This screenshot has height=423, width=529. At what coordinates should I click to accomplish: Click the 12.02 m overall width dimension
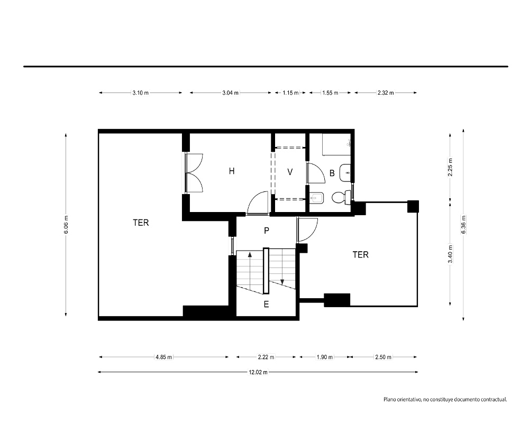(258, 372)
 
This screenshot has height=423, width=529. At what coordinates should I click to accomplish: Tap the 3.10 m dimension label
(140, 93)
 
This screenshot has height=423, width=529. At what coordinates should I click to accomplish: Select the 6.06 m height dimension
(66, 225)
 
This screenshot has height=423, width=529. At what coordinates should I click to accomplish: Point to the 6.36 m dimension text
(463, 224)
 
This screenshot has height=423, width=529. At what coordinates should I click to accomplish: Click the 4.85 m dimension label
(163, 357)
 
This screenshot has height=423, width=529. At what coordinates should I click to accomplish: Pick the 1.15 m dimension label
(290, 93)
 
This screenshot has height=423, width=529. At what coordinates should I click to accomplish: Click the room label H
(232, 171)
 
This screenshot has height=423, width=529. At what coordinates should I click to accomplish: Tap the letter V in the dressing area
(290, 172)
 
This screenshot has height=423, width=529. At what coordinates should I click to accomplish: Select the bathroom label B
(332, 173)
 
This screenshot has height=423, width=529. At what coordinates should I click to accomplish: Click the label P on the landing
(267, 231)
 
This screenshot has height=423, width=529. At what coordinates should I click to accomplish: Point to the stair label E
(266, 305)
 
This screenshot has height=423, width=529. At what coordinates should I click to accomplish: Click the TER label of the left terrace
(141, 223)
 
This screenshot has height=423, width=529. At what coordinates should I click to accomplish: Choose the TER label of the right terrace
(361, 255)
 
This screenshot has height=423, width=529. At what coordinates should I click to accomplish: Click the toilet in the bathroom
(341, 198)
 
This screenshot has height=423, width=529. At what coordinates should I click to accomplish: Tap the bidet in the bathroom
(316, 198)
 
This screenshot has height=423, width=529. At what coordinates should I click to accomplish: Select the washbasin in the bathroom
(345, 173)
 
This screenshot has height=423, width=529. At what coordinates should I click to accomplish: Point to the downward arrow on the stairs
(282, 267)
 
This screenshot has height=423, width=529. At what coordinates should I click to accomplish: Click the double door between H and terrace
(194, 173)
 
